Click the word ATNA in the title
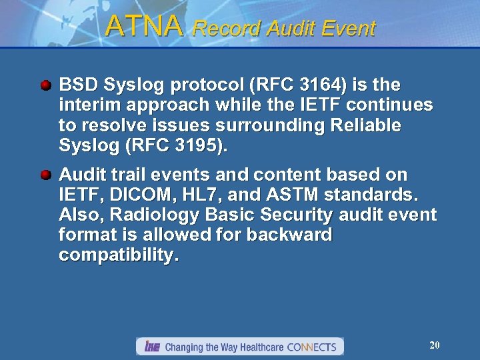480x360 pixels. pyautogui.click(x=143, y=27)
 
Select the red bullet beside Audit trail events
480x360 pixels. pyautogui.click(x=45, y=175)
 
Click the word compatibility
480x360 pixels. pyautogui.click(x=119, y=255)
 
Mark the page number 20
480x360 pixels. pyautogui.click(x=435, y=345)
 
